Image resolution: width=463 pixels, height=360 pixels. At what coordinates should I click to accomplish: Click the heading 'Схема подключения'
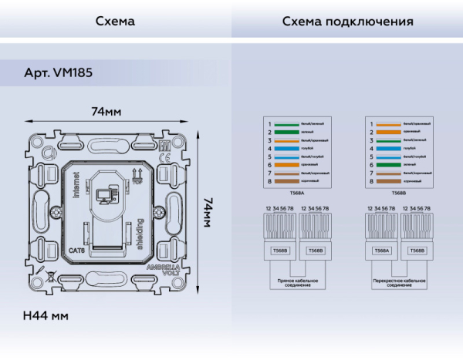[x=347, y=22]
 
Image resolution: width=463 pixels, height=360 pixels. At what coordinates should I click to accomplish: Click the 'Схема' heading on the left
[x=115, y=22]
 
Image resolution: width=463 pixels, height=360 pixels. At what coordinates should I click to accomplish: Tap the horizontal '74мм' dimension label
[x=106, y=112]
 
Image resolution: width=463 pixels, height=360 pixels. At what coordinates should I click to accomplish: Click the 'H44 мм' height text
[x=46, y=316]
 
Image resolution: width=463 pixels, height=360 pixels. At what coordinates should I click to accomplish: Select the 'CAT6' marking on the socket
[x=76, y=248]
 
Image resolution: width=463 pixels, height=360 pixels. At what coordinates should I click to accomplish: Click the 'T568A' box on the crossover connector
[x=381, y=251]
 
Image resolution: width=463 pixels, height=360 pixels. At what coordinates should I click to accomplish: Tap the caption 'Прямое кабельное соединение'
[x=296, y=284]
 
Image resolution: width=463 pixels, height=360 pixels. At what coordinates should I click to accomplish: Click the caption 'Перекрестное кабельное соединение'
[x=399, y=284]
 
